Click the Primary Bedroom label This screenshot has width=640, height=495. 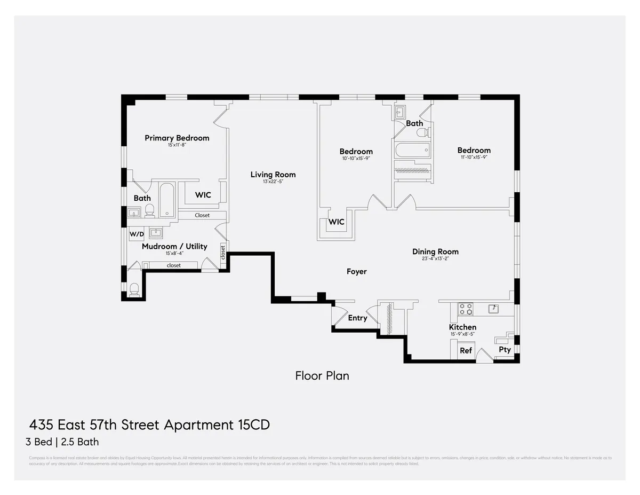pos(177,138)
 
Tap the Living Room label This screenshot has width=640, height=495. pos(274,175)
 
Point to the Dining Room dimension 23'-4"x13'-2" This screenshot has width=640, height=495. pos(435,259)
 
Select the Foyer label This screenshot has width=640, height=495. pos(356,272)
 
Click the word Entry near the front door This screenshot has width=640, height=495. pos(357,318)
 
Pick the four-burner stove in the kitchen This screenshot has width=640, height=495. pos(466,309)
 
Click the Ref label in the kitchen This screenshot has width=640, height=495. pos(466,351)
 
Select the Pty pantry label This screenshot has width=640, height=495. pos(505,350)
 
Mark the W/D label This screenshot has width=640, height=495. pos(136,233)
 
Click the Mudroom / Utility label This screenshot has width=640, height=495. pos(174,247)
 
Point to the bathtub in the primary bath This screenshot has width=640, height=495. pos(167,200)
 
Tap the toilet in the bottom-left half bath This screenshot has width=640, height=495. pos(134,289)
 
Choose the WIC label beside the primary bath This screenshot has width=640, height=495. pos(203,195)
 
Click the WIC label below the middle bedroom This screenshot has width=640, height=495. pos(336,222)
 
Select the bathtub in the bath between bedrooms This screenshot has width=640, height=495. pos(412,150)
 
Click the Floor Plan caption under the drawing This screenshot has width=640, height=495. pos(322,375)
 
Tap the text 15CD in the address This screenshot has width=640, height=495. pos(252,425)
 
